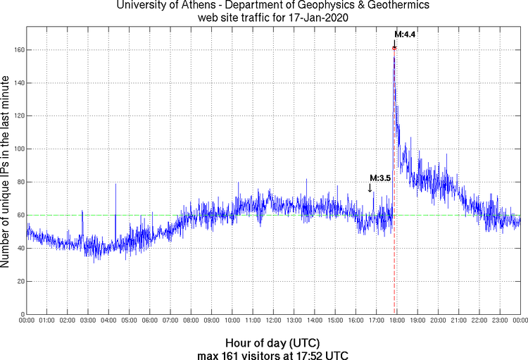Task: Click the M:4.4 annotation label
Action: tap(406, 34)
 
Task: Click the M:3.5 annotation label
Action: tap(380, 178)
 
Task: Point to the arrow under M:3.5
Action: tap(370, 188)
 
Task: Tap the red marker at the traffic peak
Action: tap(394, 48)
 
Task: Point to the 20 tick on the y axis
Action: tap(20, 281)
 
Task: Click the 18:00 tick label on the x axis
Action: tap(396, 321)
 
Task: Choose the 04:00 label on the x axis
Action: tap(109, 321)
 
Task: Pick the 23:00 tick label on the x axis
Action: tap(499, 321)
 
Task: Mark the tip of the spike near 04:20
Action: tap(116, 185)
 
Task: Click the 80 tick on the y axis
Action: tap(20, 182)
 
